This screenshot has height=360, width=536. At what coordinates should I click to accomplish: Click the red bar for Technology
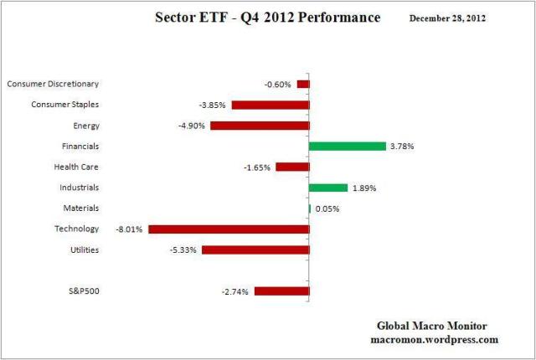[229, 229]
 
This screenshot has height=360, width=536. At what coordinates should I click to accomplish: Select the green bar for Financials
[347, 146]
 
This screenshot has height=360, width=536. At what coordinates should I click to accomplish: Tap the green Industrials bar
[327, 188]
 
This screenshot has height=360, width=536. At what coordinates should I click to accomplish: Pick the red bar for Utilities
[255, 249]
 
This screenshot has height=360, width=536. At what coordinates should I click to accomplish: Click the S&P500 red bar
[281, 291]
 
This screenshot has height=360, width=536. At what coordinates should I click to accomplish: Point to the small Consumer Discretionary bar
[303, 84]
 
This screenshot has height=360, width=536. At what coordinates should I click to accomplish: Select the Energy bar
[260, 126]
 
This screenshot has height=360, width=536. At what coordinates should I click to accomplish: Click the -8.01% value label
[131, 229]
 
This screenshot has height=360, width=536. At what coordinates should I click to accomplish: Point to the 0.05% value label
[327, 208]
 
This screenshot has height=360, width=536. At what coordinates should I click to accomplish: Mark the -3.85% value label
[214, 105]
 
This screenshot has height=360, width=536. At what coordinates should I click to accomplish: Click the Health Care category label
[76, 167]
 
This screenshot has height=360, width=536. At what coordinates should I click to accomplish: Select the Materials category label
[81, 208]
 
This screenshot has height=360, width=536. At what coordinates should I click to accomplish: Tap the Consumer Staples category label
[65, 105]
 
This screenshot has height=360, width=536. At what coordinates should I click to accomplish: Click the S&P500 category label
[83, 291]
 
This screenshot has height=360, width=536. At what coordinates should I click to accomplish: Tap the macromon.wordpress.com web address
[434, 339]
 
